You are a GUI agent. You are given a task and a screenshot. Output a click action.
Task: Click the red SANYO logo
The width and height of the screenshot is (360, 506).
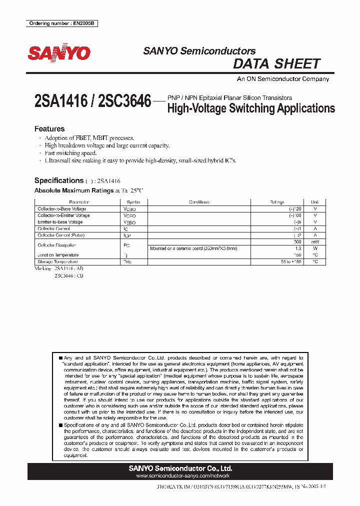point(59,53)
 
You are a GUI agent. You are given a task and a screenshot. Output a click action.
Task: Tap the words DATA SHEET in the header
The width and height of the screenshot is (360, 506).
point(276,64)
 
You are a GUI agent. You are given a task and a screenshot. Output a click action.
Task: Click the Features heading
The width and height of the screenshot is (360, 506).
point(49,128)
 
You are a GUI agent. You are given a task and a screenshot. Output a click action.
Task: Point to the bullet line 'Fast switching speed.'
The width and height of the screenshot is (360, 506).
point(70,153)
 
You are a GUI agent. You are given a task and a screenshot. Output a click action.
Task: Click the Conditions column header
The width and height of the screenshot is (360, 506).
point(199,202)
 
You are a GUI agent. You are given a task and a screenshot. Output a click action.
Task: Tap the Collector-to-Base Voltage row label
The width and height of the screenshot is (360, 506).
point(62,209)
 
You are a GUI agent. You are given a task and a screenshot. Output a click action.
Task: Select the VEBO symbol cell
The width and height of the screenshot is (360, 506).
point(129,222)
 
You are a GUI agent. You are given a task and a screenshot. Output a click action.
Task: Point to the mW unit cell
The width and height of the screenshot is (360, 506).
point(315,242)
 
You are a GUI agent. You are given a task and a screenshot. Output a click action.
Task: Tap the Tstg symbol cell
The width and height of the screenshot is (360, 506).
point(127,261)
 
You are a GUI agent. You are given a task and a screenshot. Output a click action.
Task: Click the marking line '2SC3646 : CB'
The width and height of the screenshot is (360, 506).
point(69,275)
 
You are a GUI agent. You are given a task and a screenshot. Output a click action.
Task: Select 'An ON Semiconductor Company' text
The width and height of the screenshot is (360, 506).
point(282,79)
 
